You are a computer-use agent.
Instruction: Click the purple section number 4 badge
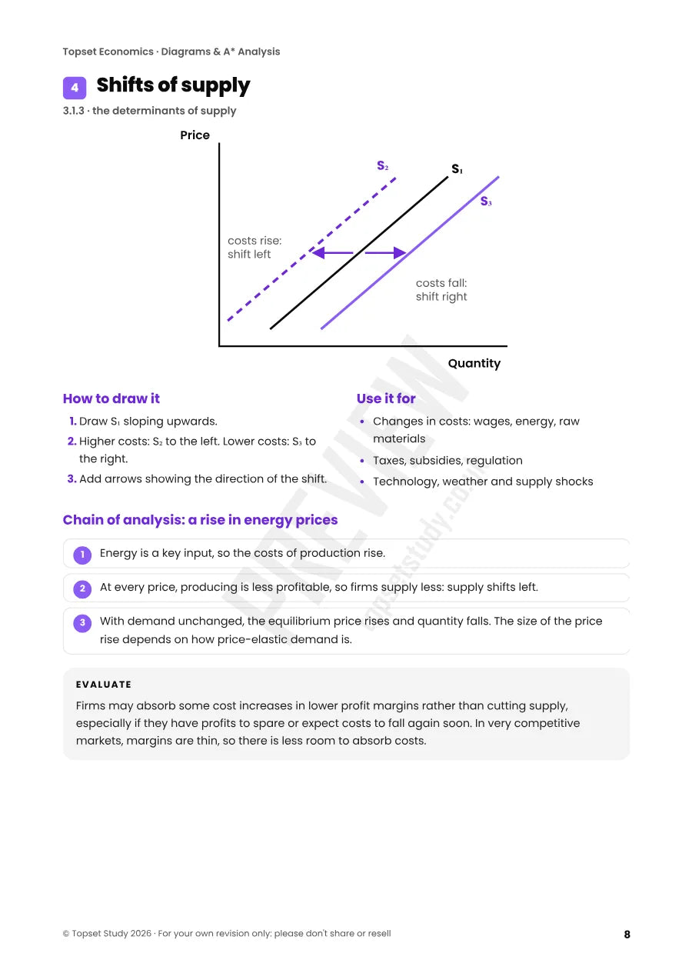coord(75,88)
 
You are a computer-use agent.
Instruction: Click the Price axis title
coord(195,135)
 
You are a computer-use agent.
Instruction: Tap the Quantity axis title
coord(474,364)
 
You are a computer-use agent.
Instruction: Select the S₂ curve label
coord(382,166)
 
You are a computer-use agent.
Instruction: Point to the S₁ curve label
coord(457,169)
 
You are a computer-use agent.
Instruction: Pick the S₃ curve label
coord(485,202)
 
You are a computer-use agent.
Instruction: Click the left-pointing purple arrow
coord(332,252)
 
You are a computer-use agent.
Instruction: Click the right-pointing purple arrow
coord(385,252)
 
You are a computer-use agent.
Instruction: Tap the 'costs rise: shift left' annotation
coord(255,247)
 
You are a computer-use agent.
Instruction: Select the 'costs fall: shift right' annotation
coord(441,290)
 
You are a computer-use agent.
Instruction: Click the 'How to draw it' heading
coord(111,398)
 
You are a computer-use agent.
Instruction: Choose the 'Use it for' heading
coord(386,398)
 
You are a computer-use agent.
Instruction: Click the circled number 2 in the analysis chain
coord(82,589)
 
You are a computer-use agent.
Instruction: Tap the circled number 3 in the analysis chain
coord(82,623)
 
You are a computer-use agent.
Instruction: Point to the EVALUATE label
coord(104,685)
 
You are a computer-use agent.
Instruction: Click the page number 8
coord(627,934)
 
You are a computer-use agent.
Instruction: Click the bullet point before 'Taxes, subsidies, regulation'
coord(361,461)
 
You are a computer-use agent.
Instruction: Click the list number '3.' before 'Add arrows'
coord(72,479)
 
